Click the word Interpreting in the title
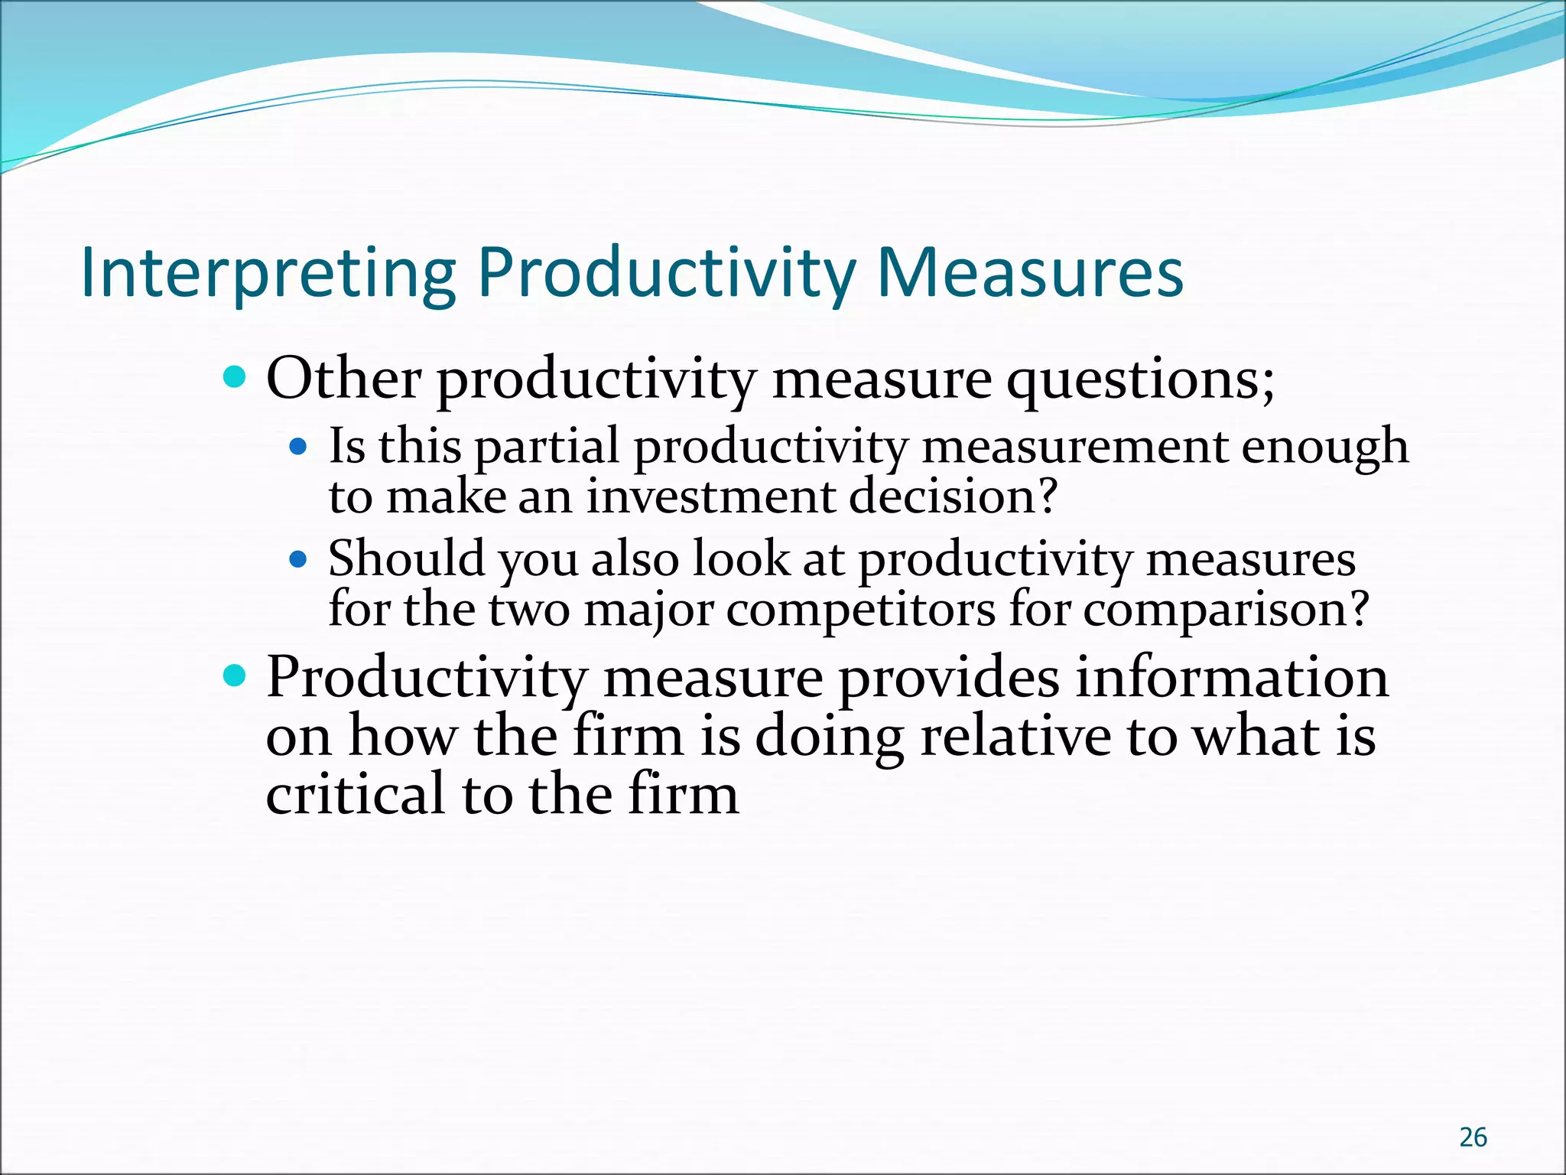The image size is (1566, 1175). tap(268, 274)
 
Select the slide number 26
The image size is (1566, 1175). tap(1473, 1138)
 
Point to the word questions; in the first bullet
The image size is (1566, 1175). tap(1140, 380)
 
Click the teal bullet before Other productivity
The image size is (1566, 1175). tap(235, 376)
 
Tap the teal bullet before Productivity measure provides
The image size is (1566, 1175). tap(235, 675)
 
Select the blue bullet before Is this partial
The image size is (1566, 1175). tap(299, 445)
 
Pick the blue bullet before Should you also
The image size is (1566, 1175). tap(299, 558)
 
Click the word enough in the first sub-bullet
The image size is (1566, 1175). tap(1324, 447)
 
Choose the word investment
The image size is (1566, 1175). tap(711, 496)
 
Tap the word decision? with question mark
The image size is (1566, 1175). tap(954, 496)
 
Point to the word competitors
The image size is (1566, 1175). tap(861, 610)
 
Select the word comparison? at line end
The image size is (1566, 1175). tap(1226, 611)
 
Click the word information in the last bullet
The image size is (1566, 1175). tap(1231, 677)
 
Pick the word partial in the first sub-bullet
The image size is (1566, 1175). tap(547, 447)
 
